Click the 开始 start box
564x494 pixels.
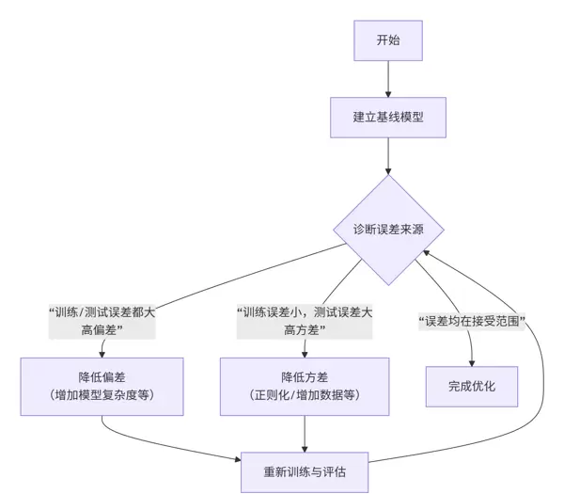tap(386, 40)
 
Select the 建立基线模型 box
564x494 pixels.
tap(386, 118)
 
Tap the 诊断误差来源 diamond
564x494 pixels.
tap(386, 229)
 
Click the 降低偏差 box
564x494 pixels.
tap(102, 385)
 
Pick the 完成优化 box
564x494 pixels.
tap(473, 386)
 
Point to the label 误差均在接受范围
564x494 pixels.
tap(472, 322)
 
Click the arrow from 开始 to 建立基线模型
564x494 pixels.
tap(386, 79)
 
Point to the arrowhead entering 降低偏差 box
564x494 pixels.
tap(102, 352)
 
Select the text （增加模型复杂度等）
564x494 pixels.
tap(102, 395)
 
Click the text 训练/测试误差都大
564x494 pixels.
tap(102, 311)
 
